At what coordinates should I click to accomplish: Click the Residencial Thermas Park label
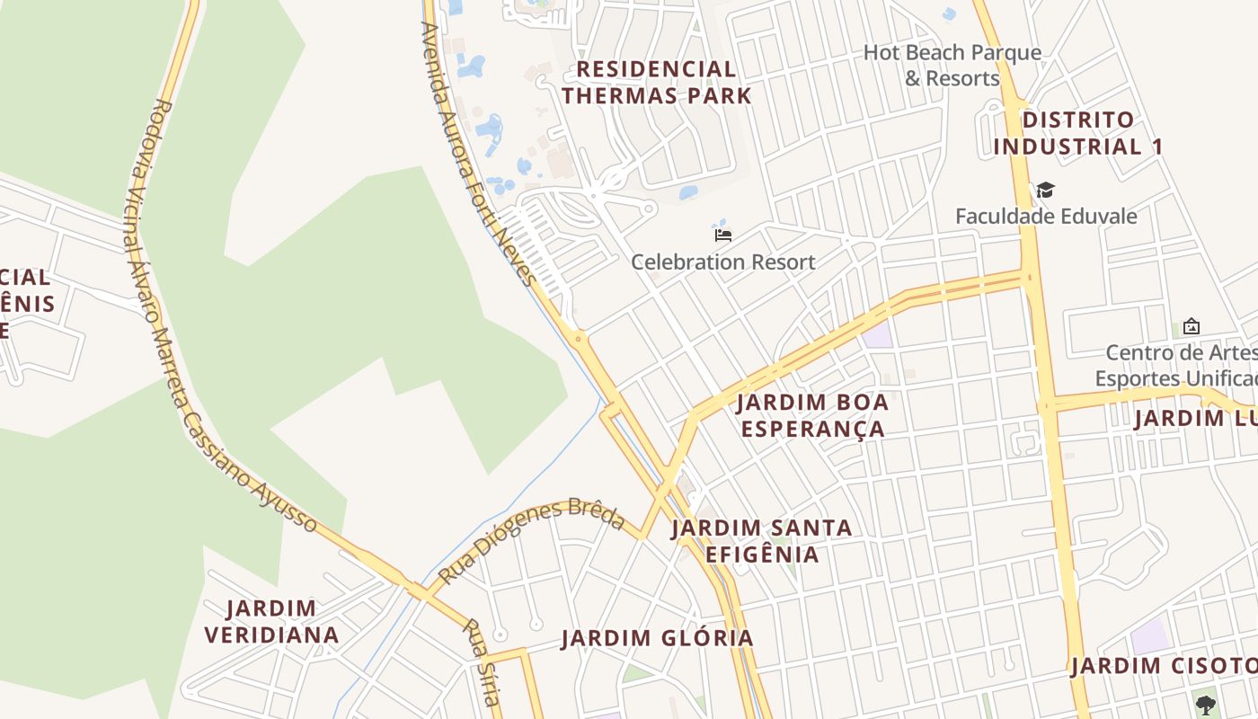point(657,82)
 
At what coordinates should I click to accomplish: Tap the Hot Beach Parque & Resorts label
point(952,65)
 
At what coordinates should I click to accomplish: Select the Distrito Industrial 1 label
point(1078,133)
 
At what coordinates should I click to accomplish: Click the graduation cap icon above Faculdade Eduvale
point(1045,190)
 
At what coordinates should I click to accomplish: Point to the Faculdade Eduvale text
point(1046,216)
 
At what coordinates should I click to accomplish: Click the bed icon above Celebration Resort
point(722,234)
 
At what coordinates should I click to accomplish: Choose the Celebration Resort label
point(722,262)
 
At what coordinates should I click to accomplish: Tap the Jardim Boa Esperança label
point(813,415)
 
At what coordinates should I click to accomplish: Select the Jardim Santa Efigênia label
point(762,540)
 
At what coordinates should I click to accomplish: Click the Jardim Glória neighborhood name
point(657,638)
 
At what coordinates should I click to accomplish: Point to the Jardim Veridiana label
point(271,621)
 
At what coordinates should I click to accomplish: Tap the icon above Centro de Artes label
point(1192,325)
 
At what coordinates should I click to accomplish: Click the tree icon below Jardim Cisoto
point(1205,705)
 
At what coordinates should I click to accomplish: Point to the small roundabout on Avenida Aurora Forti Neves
point(578,339)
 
